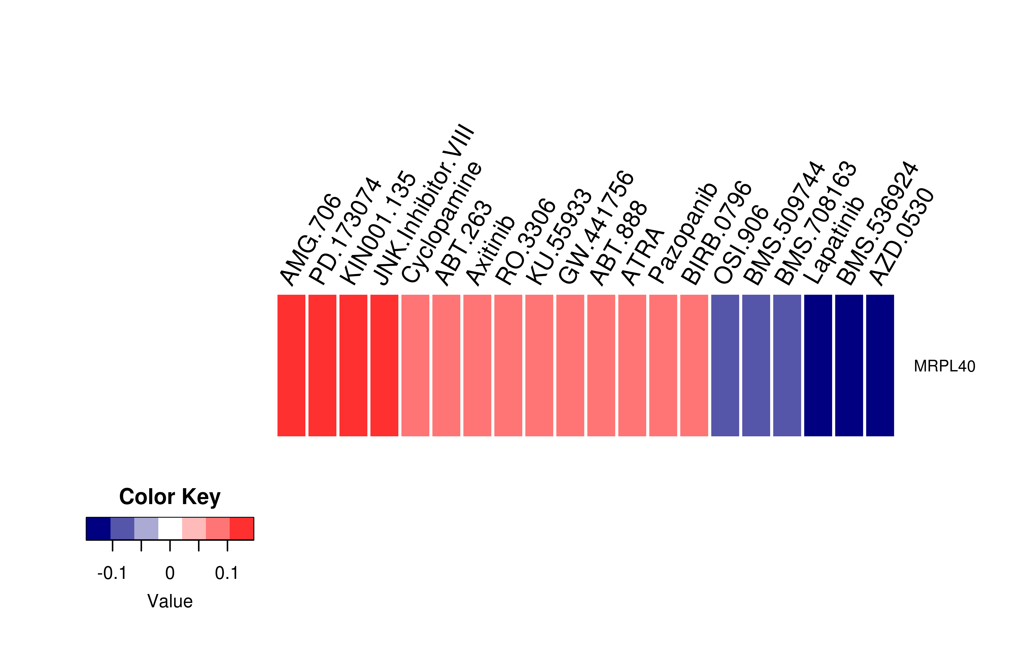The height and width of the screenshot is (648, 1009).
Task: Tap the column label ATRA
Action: pos(642,256)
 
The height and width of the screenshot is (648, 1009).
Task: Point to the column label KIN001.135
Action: pos(377,228)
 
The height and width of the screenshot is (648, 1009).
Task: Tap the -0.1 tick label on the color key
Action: pos(112,573)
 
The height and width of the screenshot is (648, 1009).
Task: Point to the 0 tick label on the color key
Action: pos(170,573)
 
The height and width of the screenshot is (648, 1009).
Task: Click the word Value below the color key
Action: pos(170,601)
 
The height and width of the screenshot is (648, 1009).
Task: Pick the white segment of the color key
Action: pos(170,528)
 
